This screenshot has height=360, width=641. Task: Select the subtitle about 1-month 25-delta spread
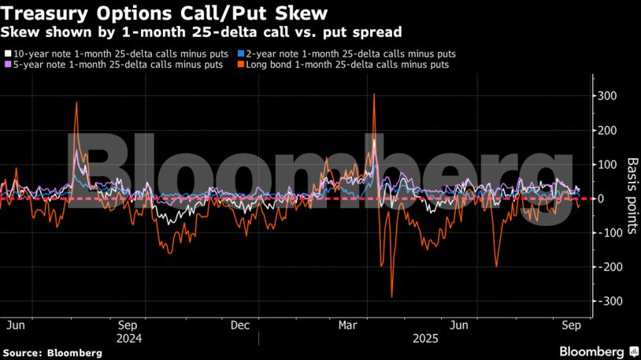coord(202,32)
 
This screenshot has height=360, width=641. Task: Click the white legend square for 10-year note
coord(8,54)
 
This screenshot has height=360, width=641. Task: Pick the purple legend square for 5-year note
coord(8,65)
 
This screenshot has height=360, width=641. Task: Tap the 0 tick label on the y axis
coord(600,199)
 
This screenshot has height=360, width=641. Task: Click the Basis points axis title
coord(632,197)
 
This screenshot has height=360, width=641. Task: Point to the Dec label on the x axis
coord(240,325)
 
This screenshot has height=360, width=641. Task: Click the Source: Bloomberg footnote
coord(53,353)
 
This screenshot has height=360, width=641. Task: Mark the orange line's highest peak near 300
coord(373,95)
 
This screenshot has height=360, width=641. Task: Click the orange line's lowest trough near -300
coord(391,297)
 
